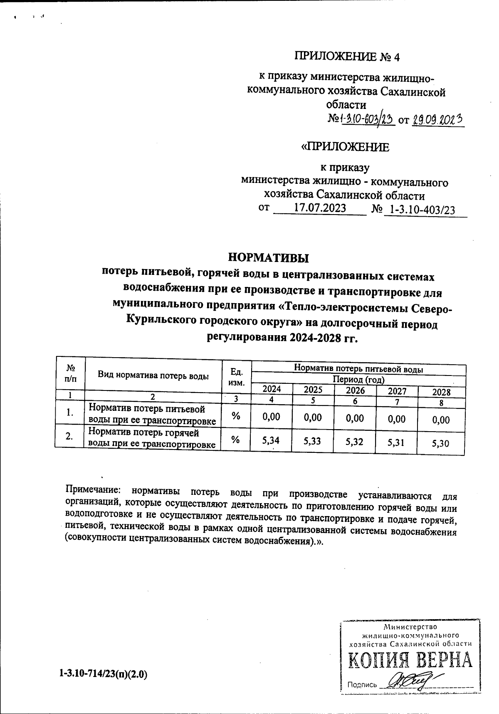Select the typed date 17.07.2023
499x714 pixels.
[x=320, y=208]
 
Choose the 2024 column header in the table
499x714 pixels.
[x=272, y=389]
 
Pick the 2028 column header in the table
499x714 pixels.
[x=441, y=392]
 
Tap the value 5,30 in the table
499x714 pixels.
[x=441, y=444]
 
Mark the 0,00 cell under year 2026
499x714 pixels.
[x=355, y=418]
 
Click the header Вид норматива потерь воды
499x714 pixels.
[x=153, y=376]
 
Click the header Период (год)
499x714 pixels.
[x=358, y=380]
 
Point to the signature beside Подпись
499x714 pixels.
[x=410, y=681]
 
